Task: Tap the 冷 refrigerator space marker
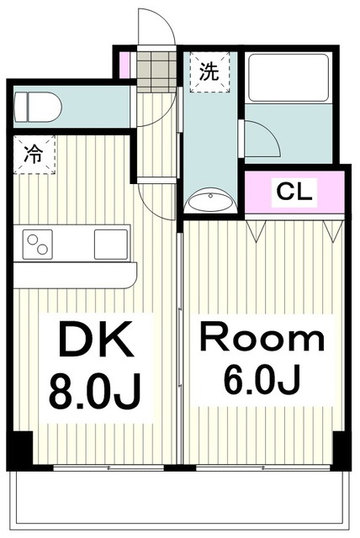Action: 34,155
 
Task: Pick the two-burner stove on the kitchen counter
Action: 39,244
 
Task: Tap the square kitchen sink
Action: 110,244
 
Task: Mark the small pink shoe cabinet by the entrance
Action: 124,65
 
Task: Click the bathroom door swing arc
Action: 259,140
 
